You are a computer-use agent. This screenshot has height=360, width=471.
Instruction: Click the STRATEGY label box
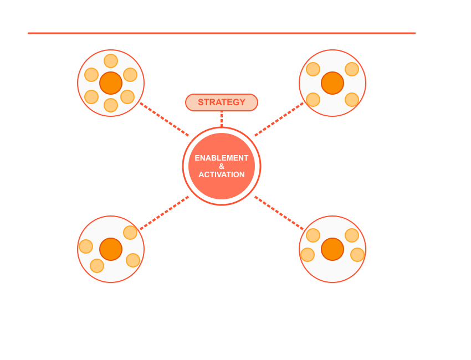(222, 102)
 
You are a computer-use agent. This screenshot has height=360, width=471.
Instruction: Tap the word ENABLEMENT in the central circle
(222, 158)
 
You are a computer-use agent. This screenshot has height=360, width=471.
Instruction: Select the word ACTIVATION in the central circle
(222, 174)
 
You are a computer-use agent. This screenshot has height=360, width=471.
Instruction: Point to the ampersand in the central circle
(222, 166)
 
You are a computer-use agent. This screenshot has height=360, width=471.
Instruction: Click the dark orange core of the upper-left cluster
(111, 83)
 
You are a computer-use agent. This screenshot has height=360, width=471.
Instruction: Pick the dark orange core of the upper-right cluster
(332, 83)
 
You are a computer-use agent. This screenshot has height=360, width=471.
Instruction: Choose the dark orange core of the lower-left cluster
(111, 249)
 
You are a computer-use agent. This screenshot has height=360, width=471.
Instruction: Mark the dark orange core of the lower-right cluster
(332, 249)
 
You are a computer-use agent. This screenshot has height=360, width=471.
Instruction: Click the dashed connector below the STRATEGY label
(222, 119)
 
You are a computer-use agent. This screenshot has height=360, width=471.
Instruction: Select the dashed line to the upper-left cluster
(165, 119)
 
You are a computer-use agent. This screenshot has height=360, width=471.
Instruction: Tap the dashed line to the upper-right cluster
(279, 119)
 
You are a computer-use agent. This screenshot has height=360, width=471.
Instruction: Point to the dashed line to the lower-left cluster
(165, 213)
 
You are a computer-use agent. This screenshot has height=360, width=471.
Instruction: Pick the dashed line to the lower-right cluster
(279, 213)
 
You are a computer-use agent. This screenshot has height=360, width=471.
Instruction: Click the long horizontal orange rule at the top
(222, 33)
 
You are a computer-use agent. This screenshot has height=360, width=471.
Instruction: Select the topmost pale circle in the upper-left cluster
(111, 61)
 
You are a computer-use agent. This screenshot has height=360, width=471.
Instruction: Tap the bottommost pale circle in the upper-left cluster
(111, 105)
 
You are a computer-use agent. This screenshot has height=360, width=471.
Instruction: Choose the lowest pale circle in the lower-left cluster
(97, 266)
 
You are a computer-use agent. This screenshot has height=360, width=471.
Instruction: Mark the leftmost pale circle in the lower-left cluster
(86, 246)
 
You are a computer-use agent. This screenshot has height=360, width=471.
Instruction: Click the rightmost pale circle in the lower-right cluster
(357, 255)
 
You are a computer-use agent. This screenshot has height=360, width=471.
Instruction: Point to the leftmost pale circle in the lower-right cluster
(308, 255)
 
